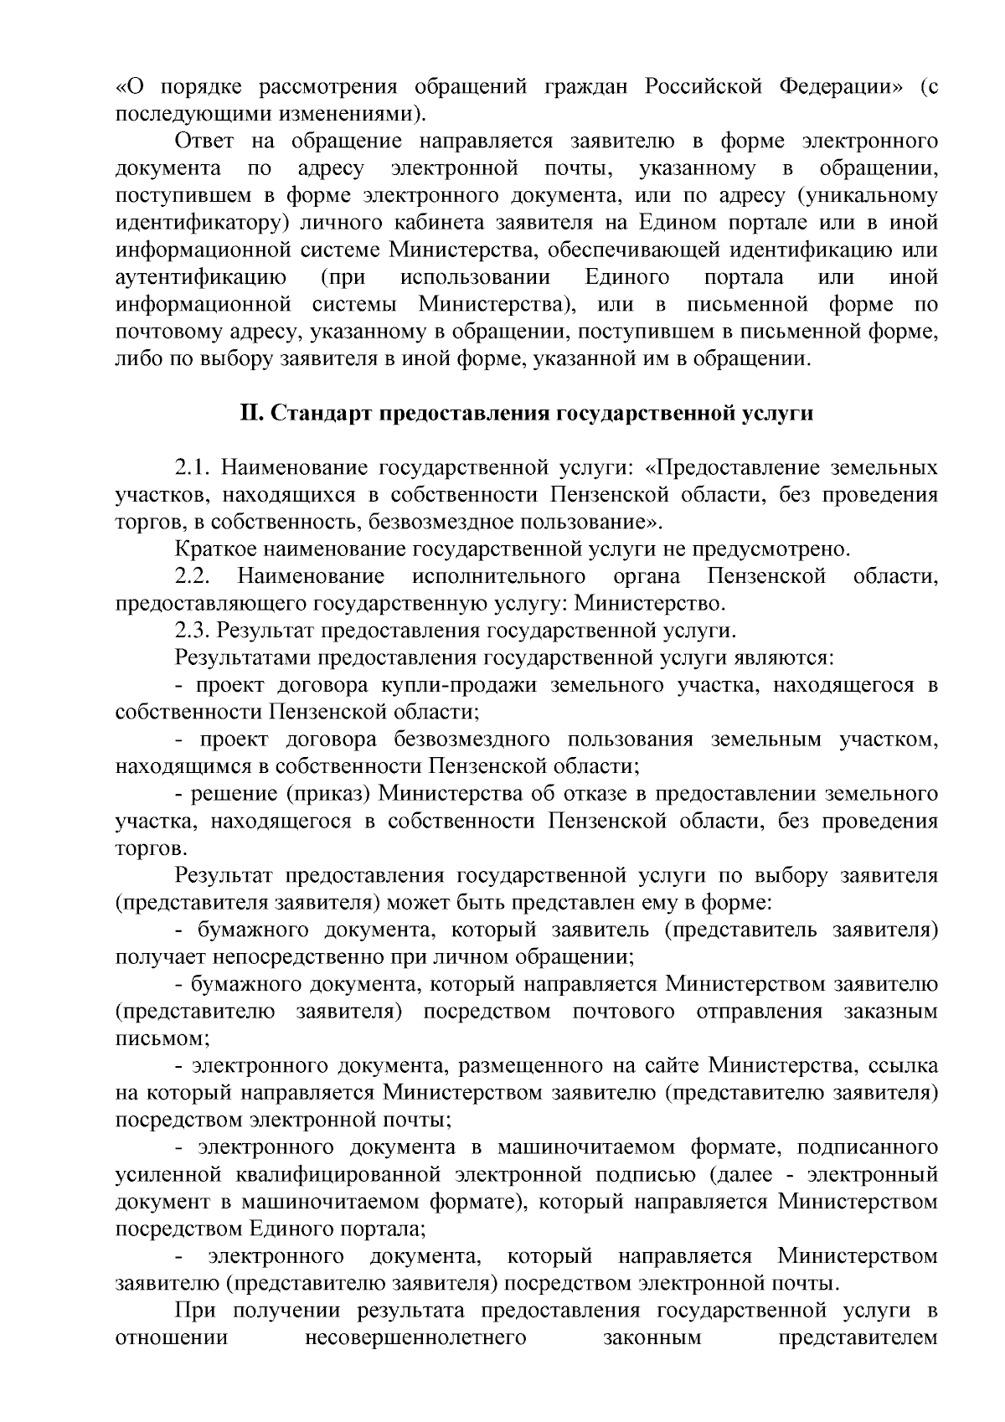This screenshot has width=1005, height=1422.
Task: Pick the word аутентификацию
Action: coord(201,276)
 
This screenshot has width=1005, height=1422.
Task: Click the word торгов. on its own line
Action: coord(145,848)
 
